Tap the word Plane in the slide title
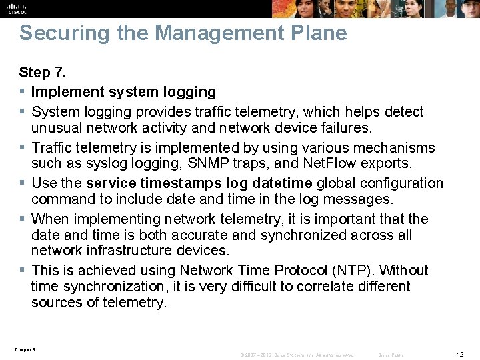click(319, 33)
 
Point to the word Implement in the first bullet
click(63, 92)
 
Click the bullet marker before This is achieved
click(22, 271)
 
